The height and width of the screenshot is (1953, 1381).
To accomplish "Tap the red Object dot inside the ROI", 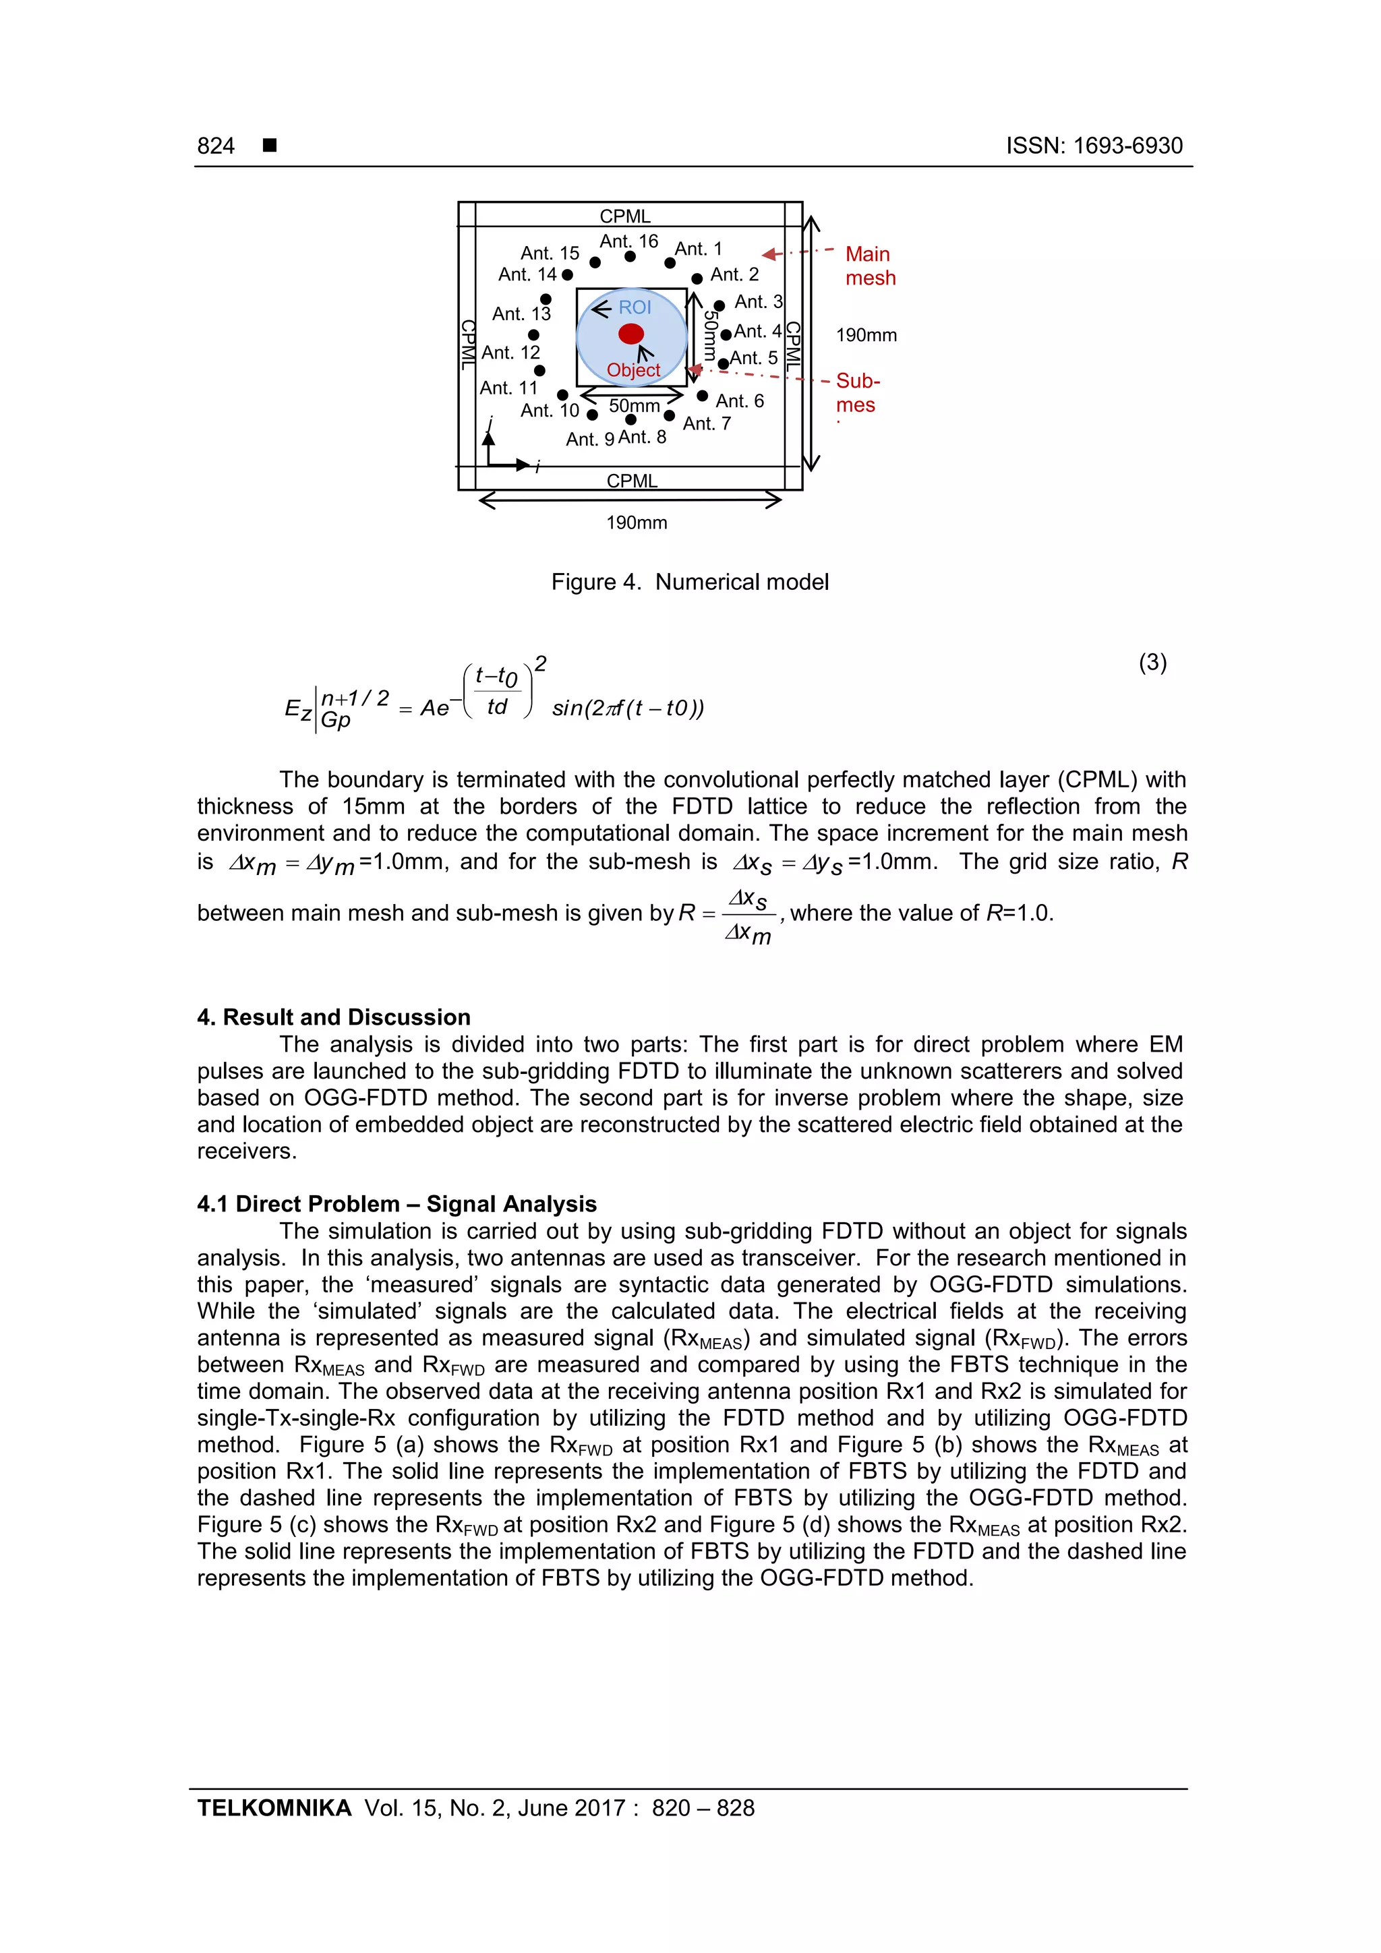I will point(630,334).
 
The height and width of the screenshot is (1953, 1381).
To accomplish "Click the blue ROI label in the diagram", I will point(634,307).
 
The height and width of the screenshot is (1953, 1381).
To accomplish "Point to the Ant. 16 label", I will point(629,241).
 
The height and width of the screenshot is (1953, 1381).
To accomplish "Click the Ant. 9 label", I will point(589,439).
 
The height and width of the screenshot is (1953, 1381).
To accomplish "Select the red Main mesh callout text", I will point(870,266).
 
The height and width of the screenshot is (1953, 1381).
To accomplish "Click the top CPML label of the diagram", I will point(624,216).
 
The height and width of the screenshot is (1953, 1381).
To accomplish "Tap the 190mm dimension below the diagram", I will point(637,523).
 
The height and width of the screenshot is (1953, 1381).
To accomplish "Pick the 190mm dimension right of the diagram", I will point(866,335).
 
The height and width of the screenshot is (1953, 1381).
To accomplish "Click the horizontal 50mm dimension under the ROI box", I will point(634,406).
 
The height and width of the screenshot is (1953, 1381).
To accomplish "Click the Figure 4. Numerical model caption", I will point(689,582).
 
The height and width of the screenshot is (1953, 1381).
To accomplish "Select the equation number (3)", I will point(1152,662).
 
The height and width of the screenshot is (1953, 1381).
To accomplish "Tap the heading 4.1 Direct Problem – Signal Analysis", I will point(396,1203).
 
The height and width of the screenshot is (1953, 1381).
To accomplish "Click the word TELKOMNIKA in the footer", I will point(274,1807).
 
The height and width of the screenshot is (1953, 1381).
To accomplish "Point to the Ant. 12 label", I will point(510,352).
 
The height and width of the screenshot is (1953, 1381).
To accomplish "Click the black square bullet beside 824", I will point(270,146).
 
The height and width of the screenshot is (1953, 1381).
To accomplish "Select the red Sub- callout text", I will point(858,381).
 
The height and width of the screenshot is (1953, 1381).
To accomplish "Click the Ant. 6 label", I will point(740,400).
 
